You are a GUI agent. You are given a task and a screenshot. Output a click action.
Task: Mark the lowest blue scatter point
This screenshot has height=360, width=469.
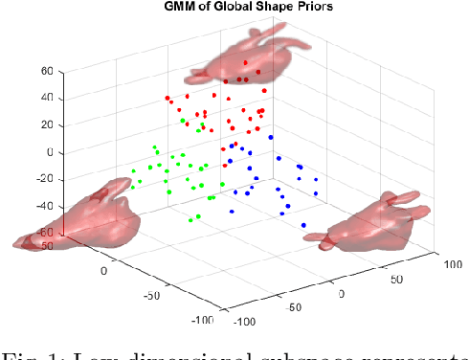pyautogui.click(x=303, y=225)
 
